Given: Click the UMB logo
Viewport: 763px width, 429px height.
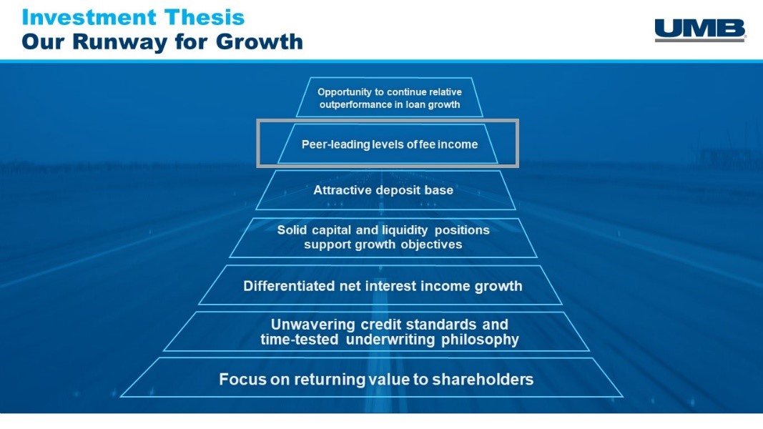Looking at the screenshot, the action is coord(700,30).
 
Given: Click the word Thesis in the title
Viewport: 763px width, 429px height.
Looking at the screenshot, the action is coord(205,17).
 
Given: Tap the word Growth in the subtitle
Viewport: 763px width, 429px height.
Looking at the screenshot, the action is coord(260,41).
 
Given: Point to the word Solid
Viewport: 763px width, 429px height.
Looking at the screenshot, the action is coord(292,230).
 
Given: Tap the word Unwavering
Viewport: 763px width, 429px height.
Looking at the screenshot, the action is coord(313,325).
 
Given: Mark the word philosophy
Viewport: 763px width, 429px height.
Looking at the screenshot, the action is coord(480,340).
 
